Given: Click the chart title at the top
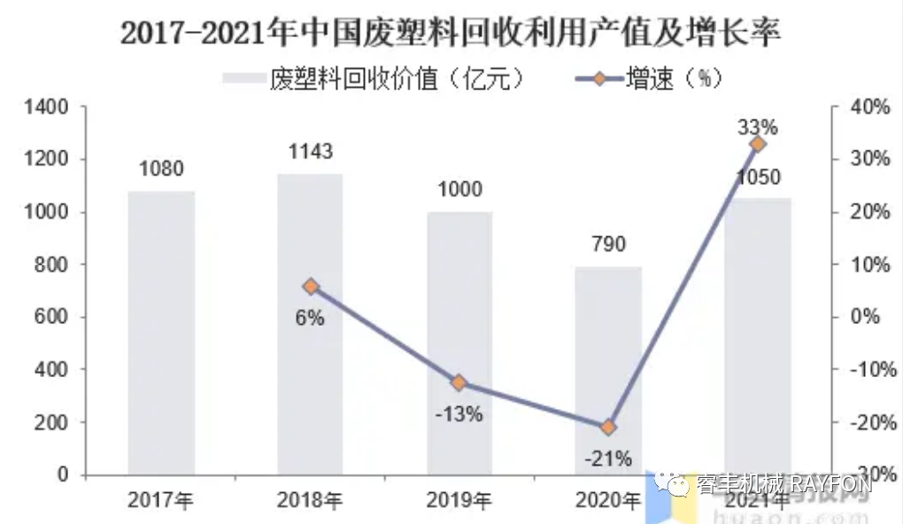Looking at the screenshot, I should point(451,35).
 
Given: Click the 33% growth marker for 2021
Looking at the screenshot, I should point(757,144).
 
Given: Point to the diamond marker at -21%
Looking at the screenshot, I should point(608,428).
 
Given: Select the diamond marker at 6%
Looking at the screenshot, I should point(310,286).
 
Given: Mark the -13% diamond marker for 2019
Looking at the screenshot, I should point(459,382).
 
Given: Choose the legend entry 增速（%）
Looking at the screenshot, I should point(651,78).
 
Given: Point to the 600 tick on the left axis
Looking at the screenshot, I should point(53,317).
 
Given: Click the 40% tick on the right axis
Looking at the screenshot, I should point(871,107).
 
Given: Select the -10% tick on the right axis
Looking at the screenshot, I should point(869,369).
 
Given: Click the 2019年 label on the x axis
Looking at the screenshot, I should point(459,501).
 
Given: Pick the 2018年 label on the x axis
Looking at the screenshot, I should point(310,501).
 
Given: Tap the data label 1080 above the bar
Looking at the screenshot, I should point(161,168).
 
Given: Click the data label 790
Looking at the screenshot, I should point(608,243).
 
